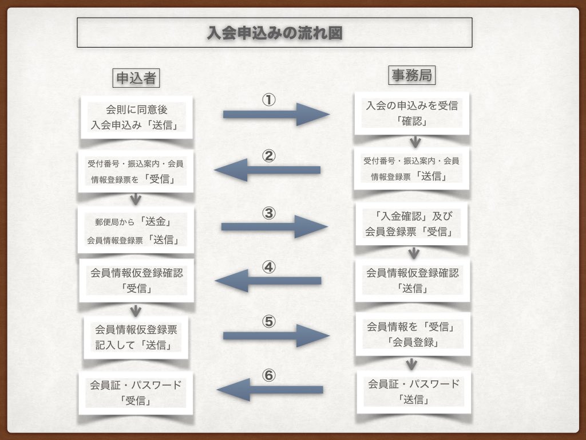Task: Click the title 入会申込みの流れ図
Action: point(275,33)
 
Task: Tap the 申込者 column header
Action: point(136,78)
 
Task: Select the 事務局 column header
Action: point(410,75)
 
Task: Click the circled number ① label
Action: point(269,100)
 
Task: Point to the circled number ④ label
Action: point(269,267)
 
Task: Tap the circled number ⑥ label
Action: point(269,376)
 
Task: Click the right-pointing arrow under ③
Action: point(274,227)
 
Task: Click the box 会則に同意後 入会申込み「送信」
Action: point(137,117)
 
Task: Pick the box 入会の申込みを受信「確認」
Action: point(411,113)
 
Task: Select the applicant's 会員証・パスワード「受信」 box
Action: point(136,392)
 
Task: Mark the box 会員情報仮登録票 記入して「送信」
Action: point(136,338)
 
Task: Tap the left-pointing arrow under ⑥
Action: point(270,390)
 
